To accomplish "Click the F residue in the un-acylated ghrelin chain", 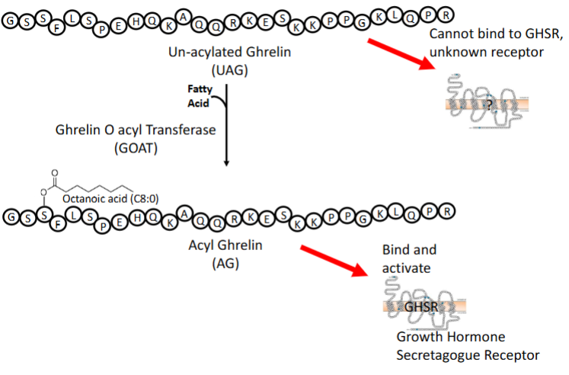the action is (57, 27).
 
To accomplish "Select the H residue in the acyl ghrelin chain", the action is (137, 218).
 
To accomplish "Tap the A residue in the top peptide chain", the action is (184, 16).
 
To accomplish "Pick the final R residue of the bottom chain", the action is (446, 211).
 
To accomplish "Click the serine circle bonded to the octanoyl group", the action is (44, 215).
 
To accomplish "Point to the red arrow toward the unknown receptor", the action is (401, 53).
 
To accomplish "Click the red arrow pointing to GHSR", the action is (334, 261).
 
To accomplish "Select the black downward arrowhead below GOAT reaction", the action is (226, 163).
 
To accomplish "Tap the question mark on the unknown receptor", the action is (489, 105).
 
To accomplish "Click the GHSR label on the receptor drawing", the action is (421, 306).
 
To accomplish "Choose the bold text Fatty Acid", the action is (200, 96).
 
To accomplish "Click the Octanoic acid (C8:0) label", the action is (110, 199).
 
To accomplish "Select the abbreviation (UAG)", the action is (230, 69).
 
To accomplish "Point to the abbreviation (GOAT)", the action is (136, 148).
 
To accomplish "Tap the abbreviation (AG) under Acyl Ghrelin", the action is (225, 263).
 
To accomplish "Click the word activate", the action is (406, 268).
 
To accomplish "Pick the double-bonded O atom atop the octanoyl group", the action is (55, 173).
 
